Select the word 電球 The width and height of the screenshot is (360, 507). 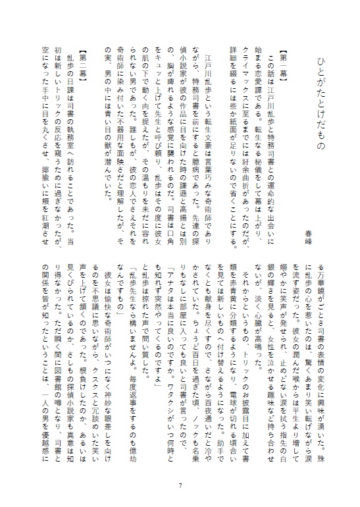270,174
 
